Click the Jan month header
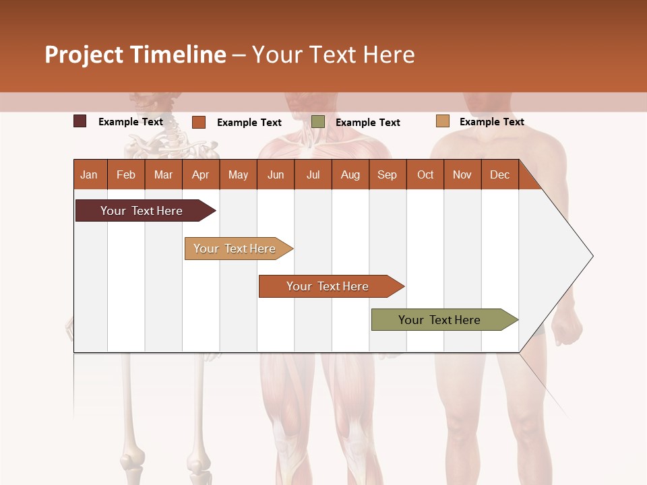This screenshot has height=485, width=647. click(89, 174)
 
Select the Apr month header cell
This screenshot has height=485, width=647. click(200, 174)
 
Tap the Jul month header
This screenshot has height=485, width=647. click(313, 174)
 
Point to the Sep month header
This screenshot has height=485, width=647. click(387, 174)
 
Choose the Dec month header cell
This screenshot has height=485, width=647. click(499, 174)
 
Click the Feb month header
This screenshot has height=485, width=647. click(126, 174)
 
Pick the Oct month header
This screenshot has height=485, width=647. click(425, 174)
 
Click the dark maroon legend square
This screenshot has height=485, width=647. click(80, 121)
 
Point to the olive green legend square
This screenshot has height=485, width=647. click(318, 121)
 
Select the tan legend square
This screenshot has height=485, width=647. click(442, 121)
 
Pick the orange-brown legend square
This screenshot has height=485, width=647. click(199, 122)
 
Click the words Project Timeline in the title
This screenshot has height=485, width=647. click(135, 55)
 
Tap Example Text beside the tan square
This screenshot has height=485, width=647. click(491, 122)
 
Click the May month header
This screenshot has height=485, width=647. click(238, 174)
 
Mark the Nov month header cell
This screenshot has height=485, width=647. click(462, 174)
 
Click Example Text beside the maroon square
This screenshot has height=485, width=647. click(130, 122)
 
